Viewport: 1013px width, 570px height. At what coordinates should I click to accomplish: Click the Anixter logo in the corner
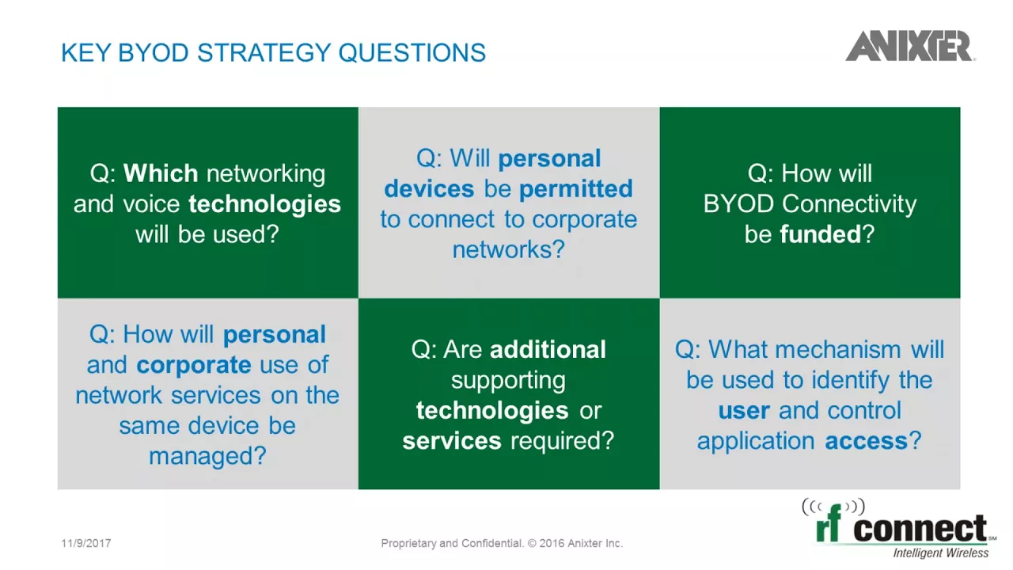tap(910, 46)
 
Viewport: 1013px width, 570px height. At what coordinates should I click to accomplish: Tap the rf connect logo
tap(899, 528)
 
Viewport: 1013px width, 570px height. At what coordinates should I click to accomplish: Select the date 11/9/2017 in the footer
tap(86, 543)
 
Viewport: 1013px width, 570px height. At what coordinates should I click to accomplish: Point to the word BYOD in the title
tap(153, 52)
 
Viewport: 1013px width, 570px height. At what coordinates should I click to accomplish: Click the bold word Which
tap(161, 173)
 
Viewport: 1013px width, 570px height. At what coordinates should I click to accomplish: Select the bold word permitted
tap(575, 188)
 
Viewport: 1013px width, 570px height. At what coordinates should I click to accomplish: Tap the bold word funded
tap(821, 234)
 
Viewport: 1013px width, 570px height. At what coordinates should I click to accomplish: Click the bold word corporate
tap(194, 365)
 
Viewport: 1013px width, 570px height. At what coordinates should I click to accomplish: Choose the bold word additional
tap(548, 350)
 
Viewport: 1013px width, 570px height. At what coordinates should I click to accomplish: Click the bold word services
tap(452, 441)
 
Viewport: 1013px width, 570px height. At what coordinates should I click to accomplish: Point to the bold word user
tap(743, 411)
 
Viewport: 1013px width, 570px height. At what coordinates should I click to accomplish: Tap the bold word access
tap(866, 441)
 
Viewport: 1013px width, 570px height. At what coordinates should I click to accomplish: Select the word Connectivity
tap(849, 203)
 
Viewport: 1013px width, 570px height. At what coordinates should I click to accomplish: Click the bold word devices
tap(429, 188)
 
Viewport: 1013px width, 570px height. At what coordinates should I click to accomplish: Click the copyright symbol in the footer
tap(532, 543)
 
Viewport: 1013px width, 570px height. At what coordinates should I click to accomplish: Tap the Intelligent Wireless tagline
tap(941, 553)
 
